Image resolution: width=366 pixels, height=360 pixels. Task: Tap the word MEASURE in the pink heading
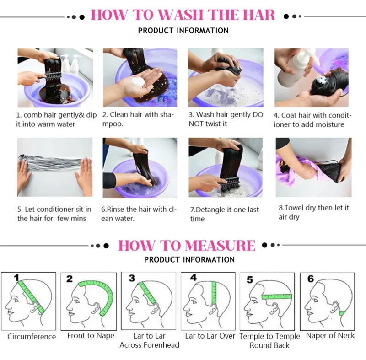(220, 246)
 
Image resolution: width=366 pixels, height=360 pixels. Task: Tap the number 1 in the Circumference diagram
(16, 278)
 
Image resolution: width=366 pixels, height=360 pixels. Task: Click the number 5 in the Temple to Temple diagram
(249, 279)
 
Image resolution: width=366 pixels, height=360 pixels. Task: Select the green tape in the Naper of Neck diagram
(342, 313)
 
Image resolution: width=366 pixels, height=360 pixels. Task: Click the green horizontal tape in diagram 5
(277, 296)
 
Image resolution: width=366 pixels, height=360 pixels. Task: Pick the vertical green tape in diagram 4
(214, 293)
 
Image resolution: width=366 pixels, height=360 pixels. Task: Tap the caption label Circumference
(32, 336)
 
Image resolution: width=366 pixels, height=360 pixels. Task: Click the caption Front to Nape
(91, 335)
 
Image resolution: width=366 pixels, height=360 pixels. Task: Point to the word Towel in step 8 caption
(294, 208)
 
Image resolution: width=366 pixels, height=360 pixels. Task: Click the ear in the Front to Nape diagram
(96, 308)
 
